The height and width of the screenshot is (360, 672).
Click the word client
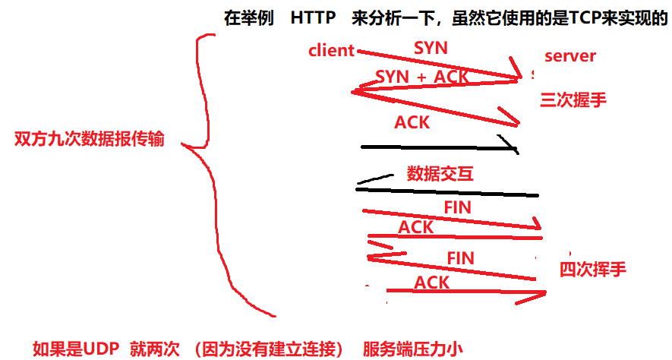coord(332,51)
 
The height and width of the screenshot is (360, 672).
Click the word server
coord(570,55)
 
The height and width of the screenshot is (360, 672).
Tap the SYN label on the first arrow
coord(431,47)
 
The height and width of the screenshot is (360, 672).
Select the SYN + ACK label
coord(422,77)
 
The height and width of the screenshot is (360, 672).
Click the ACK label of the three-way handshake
coord(412,122)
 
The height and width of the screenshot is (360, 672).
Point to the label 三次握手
coord(573,99)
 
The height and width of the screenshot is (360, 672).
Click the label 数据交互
coord(440,174)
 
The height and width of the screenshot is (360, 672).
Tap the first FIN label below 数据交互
coord(457,207)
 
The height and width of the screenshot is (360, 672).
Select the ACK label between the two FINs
coord(415,226)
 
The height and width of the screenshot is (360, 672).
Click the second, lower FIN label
coord(460,257)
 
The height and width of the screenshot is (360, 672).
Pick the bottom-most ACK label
coord(431,283)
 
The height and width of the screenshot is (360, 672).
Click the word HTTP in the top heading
coord(313,18)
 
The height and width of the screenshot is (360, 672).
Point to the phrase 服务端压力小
coord(412,349)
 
